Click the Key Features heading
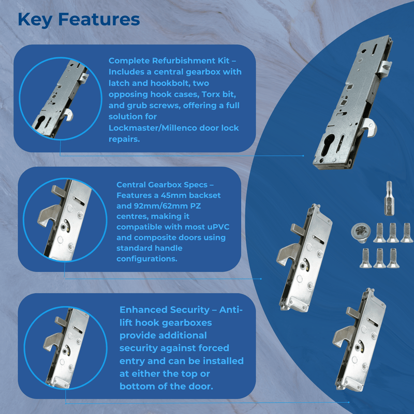[x=79, y=19]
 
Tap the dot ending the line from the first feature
[x=303, y=155]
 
